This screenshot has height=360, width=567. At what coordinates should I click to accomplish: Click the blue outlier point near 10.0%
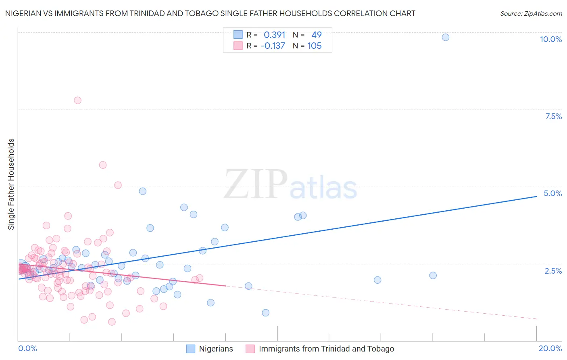[445, 37]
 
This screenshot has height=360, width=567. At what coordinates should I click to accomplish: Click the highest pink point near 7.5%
[77, 100]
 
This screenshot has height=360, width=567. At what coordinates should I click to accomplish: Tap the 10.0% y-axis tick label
[550, 39]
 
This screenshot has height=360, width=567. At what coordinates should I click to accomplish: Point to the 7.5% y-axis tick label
[553, 116]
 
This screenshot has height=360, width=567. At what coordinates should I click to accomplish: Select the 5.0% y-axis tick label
[552, 193]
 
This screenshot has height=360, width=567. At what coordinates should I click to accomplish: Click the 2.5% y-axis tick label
[553, 271]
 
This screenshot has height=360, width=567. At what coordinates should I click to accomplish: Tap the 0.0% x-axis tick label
[27, 348]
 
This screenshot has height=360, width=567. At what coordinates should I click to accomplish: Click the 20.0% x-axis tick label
[550, 348]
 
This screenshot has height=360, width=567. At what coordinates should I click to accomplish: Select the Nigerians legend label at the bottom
[216, 349]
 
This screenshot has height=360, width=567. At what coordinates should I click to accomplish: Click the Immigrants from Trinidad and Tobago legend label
[326, 349]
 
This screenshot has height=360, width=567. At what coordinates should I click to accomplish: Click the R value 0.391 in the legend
[274, 35]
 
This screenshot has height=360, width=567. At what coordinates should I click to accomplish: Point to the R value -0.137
[273, 46]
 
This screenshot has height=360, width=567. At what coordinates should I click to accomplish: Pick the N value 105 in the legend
[315, 46]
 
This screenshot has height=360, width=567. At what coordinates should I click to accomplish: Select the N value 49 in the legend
[317, 35]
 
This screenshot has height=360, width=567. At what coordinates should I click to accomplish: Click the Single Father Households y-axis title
[11, 184]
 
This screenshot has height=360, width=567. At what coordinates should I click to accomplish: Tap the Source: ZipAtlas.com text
[531, 14]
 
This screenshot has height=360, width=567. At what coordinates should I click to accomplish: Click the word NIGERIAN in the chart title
[25, 14]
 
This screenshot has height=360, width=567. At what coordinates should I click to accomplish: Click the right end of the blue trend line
[536, 196]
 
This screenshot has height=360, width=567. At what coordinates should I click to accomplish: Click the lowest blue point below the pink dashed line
[265, 313]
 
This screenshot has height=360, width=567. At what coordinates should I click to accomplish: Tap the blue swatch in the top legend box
[238, 35]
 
